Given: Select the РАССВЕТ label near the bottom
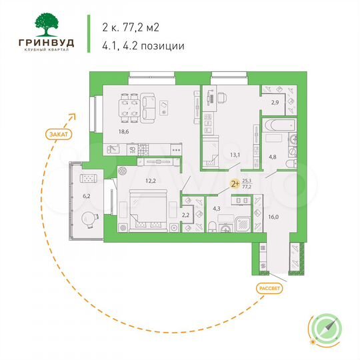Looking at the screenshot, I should [267, 288].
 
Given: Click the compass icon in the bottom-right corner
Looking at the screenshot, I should [327, 327].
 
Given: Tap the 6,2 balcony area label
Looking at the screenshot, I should [85, 196].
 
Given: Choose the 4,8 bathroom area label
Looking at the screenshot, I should [273, 157].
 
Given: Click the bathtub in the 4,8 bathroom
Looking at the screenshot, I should [276, 124].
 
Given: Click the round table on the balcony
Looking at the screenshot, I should [89, 218].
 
